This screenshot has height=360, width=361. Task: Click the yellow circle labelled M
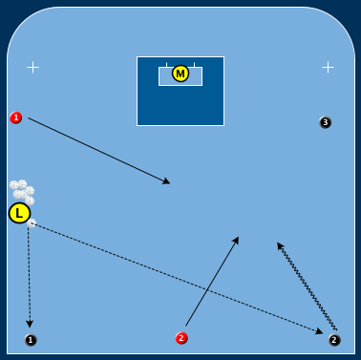(x=180, y=74)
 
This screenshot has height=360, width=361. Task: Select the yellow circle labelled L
(x=19, y=213)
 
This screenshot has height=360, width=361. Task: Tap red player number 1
(x=15, y=117)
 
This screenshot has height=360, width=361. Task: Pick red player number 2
(x=181, y=338)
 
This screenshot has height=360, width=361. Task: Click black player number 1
(x=31, y=340)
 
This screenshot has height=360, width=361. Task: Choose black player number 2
(x=334, y=339)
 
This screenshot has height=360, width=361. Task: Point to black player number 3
(x=326, y=122)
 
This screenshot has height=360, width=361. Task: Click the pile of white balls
(x=22, y=191)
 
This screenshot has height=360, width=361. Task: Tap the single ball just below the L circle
(x=32, y=223)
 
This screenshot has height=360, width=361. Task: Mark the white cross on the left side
(x=33, y=67)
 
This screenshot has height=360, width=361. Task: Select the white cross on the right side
(x=328, y=67)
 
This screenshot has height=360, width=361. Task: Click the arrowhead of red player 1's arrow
(x=167, y=180)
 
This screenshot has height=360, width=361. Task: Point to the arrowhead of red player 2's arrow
(x=236, y=240)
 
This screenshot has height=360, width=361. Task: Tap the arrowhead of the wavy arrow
(x=280, y=245)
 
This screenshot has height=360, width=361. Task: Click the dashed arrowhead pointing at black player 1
(x=30, y=324)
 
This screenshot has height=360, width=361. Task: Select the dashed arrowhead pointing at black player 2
(x=320, y=330)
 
